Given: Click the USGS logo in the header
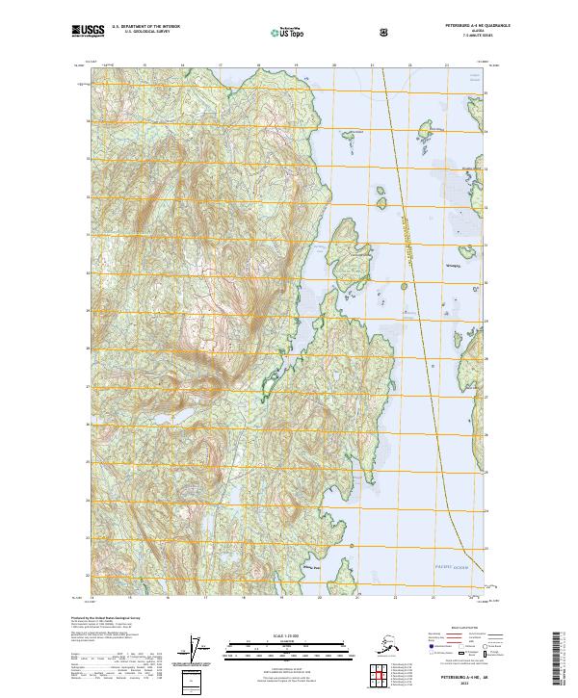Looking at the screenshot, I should (x=87, y=32).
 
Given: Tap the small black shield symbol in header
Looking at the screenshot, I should (x=384, y=33).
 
